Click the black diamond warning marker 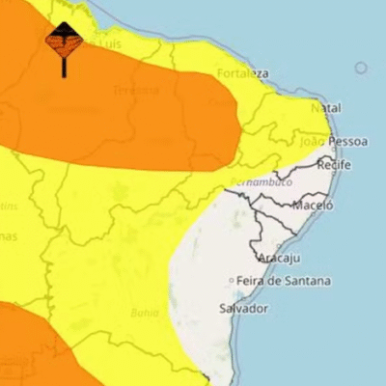click(64, 41)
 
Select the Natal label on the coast click(326, 108)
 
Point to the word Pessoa click(347, 141)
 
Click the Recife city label click(334, 166)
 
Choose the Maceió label click(314, 205)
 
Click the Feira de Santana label click(285, 281)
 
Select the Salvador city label click(243, 309)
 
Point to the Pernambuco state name click(261, 181)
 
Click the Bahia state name click(145, 313)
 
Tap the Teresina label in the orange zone click(135, 90)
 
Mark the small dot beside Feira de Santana click(232, 281)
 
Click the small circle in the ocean click(361, 68)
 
